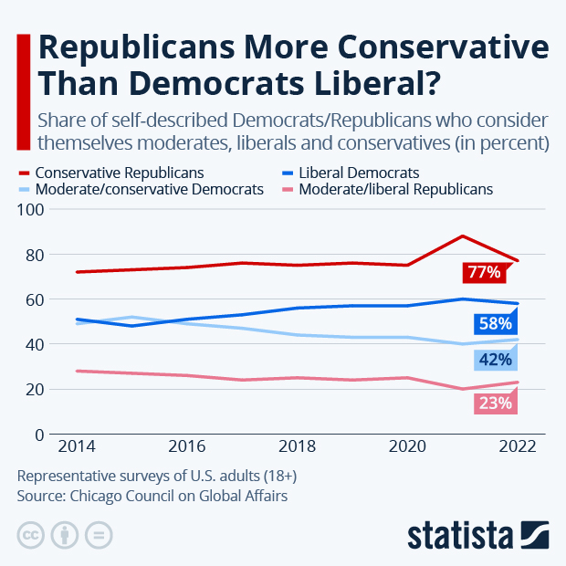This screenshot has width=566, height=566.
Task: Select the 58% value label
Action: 494,322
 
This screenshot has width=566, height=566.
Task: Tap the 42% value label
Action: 494,359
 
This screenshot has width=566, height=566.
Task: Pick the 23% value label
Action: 494,402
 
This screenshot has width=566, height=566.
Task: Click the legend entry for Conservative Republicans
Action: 119,172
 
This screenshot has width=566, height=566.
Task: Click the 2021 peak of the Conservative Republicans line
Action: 463,236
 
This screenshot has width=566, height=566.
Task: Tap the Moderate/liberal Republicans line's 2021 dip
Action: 463,389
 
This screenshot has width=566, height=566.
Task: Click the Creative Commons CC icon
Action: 31,535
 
